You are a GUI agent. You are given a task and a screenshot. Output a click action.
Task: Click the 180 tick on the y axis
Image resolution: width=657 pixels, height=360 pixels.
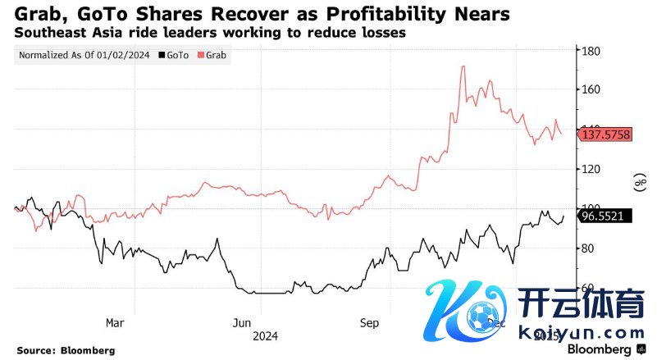591,51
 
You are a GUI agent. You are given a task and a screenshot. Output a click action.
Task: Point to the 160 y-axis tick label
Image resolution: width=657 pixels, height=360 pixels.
591,89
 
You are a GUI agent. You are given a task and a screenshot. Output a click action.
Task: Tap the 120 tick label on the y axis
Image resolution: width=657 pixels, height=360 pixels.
591,169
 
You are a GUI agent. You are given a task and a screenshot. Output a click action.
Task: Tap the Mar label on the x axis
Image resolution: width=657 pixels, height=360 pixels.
116,322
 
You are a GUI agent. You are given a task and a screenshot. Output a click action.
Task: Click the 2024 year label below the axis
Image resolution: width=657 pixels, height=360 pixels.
266,335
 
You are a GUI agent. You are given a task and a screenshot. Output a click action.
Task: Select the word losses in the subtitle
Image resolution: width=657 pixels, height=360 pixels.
383,34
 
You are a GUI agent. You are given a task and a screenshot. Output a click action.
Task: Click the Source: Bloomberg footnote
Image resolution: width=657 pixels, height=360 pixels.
66,350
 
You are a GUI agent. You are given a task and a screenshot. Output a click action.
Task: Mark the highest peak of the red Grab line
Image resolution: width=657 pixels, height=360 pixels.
463,66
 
